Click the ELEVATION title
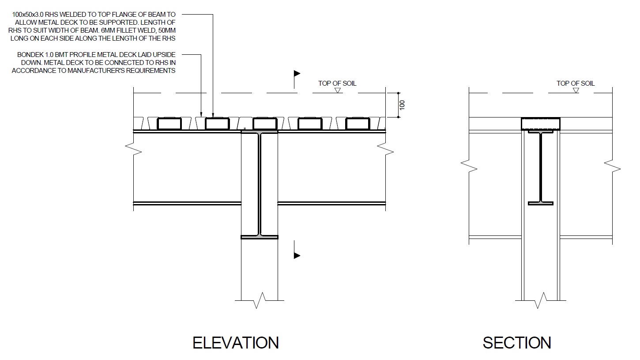pos(235,343)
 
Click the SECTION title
pos(517,343)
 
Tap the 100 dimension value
pos(402,105)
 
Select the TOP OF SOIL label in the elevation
pos(337,83)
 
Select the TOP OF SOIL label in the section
pos(576,83)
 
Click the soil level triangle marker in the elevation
pos(338,91)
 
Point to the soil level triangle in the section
pos(576,91)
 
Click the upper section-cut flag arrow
pos(297,73)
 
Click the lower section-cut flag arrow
pos(297,255)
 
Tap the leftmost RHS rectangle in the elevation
pos(169,124)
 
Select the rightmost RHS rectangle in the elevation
pos(358,124)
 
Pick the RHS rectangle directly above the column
pos(265,124)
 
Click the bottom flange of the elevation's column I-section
pos(260,237)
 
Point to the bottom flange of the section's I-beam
pos(541,203)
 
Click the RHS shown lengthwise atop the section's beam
pos(541,124)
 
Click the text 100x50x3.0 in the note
pos(28,14)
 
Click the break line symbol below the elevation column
pos(260,300)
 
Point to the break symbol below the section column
pos(541,300)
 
